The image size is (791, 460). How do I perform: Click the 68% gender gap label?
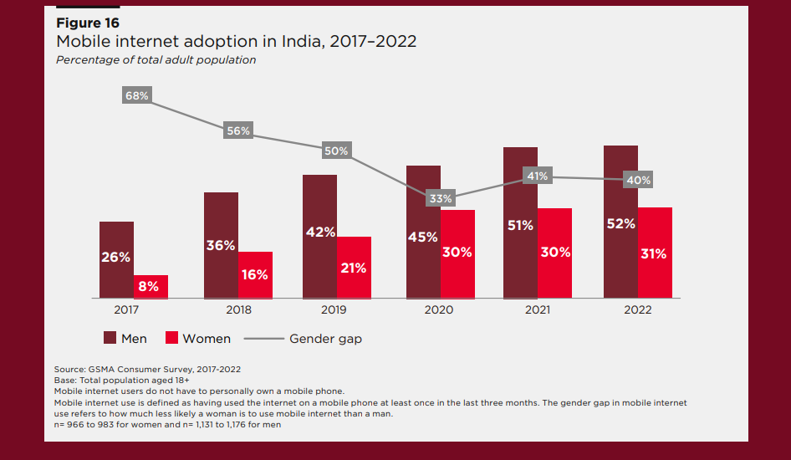[137, 95]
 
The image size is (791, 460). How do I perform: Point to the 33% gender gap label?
[440, 198]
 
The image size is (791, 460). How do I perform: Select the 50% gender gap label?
[336, 151]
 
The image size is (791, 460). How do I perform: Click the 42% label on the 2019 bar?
[320, 232]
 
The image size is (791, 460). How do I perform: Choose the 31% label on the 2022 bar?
[654, 253]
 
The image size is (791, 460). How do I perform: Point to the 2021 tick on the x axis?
[537, 309]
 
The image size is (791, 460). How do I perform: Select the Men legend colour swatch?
[110, 338]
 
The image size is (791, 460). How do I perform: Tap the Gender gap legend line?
[261, 339]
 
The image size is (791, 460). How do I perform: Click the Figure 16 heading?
[87, 23]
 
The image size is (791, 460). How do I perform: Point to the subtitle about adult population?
[156, 60]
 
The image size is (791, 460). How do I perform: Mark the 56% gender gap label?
[238, 130]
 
